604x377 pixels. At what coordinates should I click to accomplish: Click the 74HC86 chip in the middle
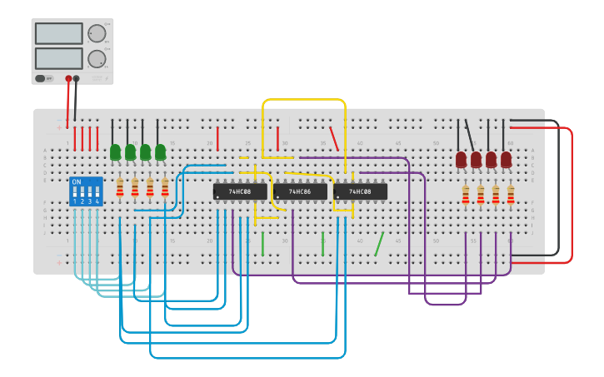300,191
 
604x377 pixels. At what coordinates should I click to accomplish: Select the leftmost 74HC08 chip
240,191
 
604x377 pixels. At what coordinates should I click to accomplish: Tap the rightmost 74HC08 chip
360,191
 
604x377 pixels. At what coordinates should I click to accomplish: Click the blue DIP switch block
86,191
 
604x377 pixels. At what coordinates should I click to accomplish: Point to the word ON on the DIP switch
77,181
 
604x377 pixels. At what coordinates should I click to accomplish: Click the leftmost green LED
116,152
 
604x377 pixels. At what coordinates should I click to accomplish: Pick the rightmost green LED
160,152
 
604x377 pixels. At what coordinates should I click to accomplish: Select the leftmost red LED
462,158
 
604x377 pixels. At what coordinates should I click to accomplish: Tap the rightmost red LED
507,158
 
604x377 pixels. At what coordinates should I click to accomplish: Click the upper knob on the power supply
97,33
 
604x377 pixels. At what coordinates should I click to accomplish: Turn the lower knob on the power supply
97,58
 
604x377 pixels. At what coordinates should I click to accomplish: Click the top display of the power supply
59,33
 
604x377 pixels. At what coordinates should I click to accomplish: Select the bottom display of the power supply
59,58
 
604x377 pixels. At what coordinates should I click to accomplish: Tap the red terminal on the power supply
68,79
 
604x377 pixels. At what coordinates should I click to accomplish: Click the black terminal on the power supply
76,79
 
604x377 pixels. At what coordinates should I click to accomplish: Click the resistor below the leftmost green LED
120,189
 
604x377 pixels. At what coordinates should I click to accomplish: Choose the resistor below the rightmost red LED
511,195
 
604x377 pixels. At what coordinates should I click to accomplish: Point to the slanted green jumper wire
379,244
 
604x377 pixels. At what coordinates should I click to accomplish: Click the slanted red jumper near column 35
334,138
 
